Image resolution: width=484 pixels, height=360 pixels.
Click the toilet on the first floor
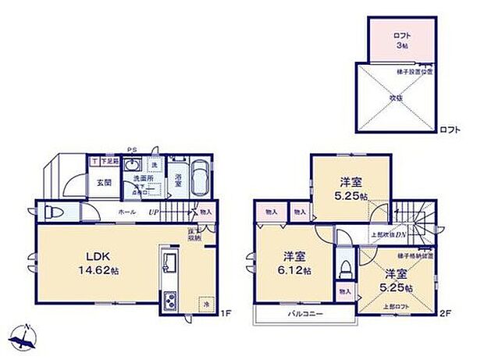[52, 213]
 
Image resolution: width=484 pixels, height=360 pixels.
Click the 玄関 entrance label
[104, 183]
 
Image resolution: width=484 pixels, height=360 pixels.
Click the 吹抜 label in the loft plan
[397, 98]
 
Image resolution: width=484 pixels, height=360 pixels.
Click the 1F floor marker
[226, 314]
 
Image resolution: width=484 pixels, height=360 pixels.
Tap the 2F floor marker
[445, 314]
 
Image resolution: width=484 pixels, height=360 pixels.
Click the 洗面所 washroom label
[142, 179]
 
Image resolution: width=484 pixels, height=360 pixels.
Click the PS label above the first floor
[132, 150]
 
